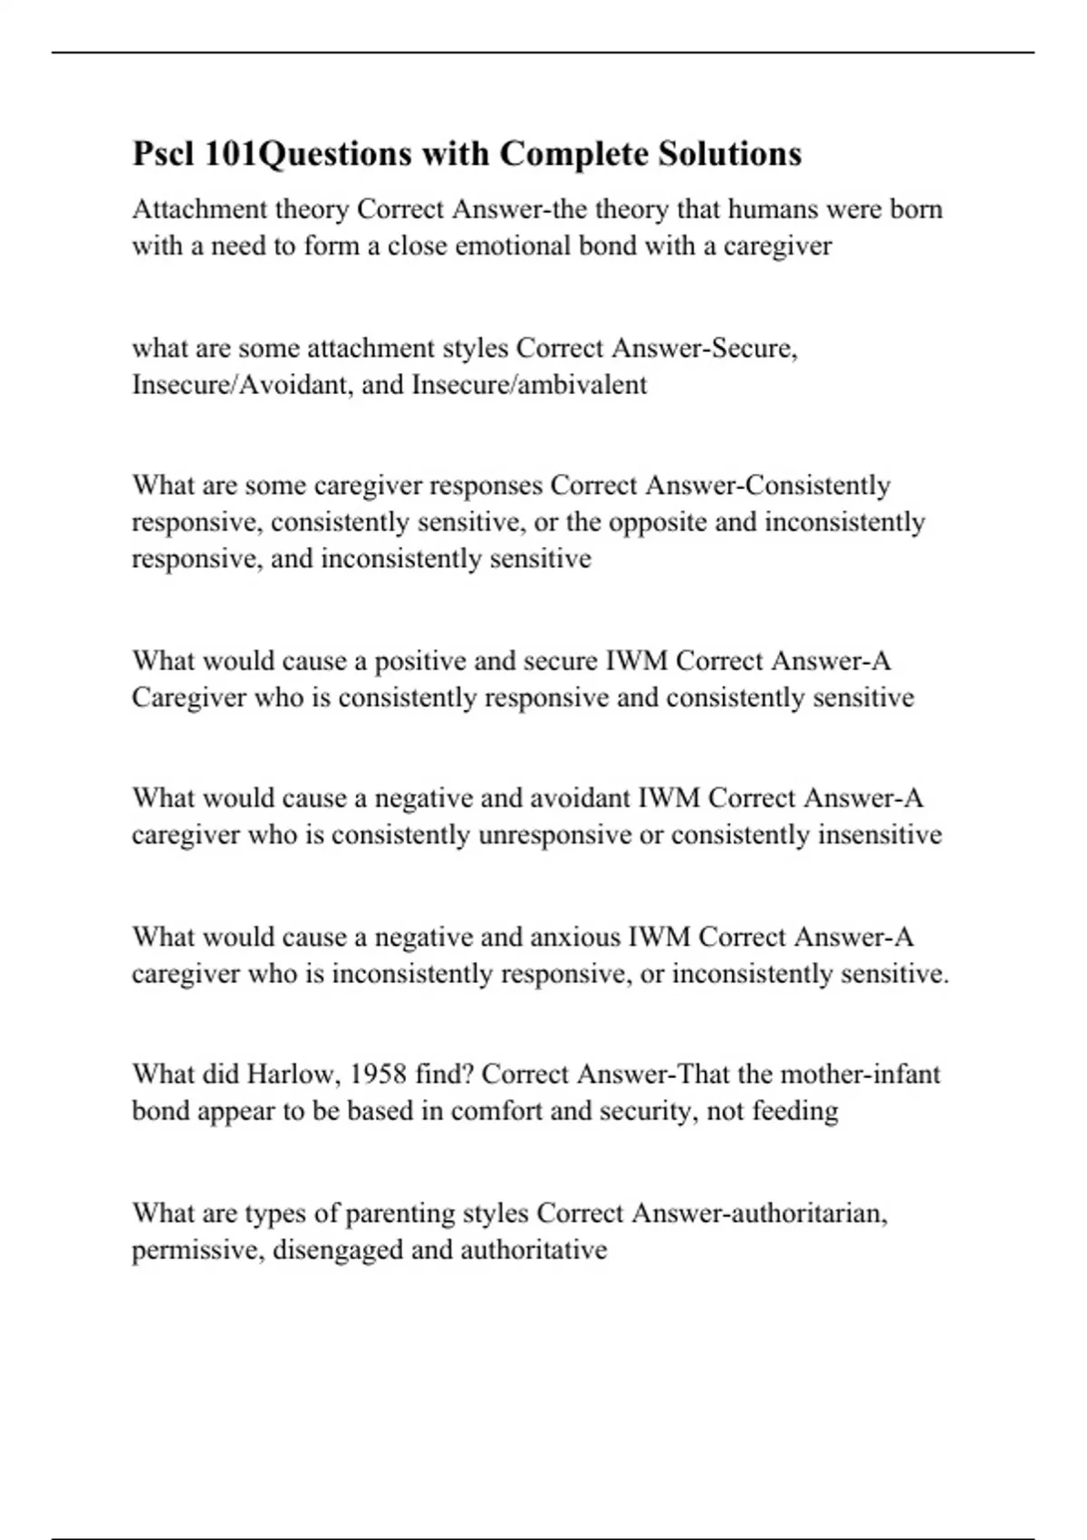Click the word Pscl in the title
point(164,154)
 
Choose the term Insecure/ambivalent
point(529,385)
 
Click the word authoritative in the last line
point(534,1250)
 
